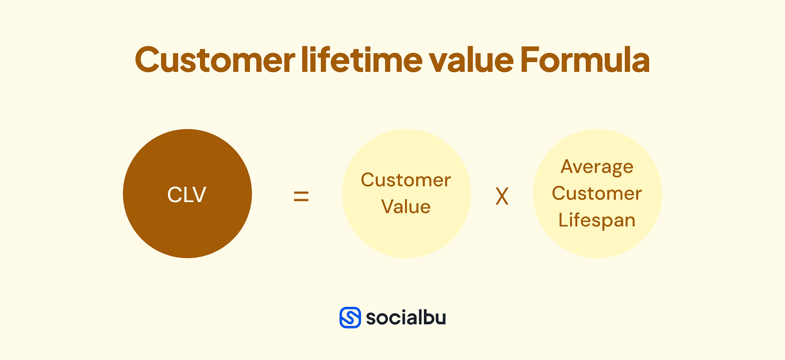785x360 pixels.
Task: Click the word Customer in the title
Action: tap(215, 60)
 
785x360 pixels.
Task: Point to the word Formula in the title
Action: tap(585, 60)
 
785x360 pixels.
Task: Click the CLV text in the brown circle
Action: tap(187, 194)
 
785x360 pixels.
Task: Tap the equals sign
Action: tap(301, 197)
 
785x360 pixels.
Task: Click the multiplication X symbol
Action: tap(502, 197)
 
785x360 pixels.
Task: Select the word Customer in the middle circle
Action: tap(406, 180)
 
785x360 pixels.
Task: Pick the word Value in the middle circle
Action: tap(406, 207)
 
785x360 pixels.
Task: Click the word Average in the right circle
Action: tap(597, 167)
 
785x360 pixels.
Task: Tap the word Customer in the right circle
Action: tap(597, 193)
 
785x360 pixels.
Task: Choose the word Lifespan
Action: tap(597, 220)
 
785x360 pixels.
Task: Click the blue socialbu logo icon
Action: tap(350, 317)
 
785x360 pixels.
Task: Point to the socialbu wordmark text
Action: tap(406, 317)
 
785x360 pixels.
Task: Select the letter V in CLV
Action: tap(199, 194)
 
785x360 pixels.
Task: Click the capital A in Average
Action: tap(568, 166)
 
